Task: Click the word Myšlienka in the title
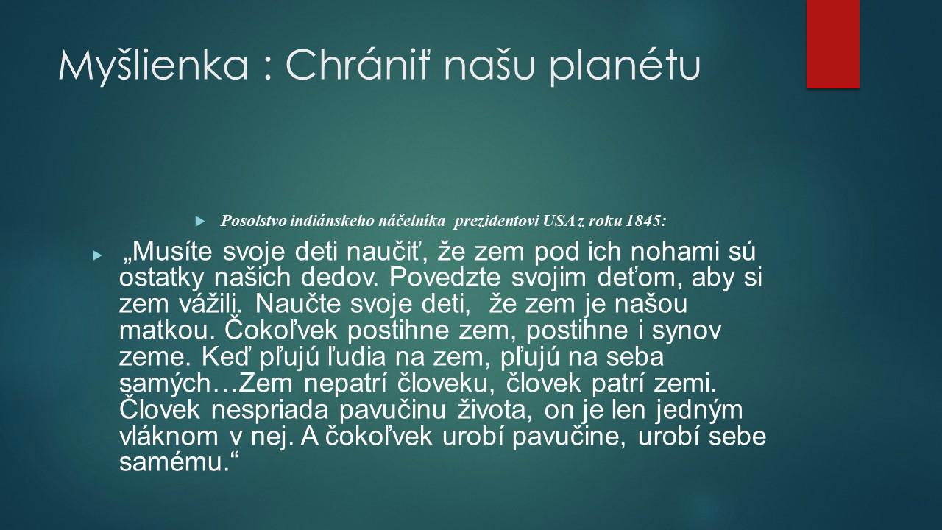coord(153,67)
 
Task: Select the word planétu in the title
coord(624,67)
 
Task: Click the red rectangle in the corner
coord(832,44)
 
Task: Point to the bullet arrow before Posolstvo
coord(200,222)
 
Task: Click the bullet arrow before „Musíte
coord(97,255)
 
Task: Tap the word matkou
coord(169,331)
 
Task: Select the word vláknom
coord(169,437)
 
